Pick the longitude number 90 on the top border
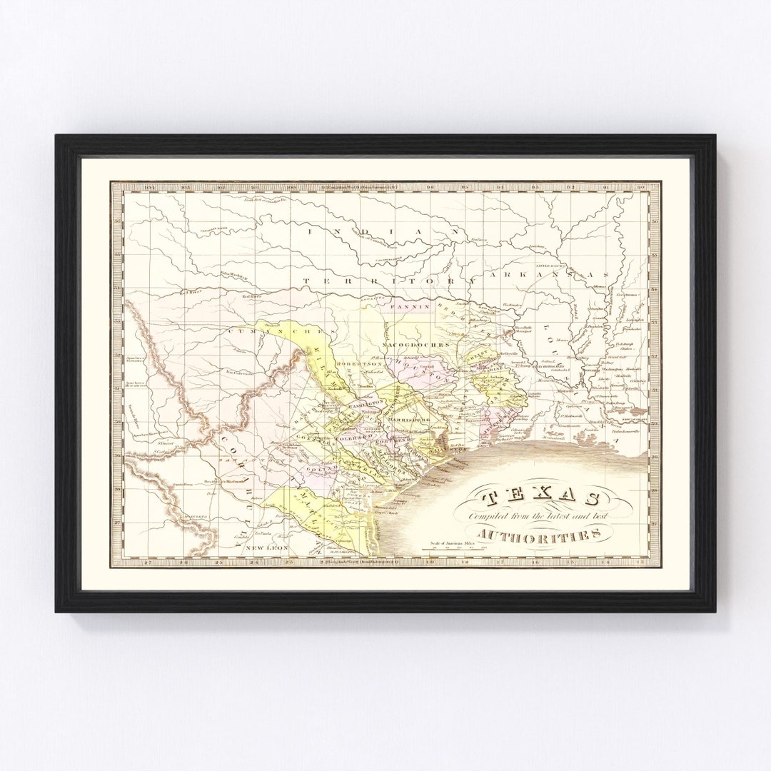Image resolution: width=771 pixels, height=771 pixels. click(640, 188)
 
